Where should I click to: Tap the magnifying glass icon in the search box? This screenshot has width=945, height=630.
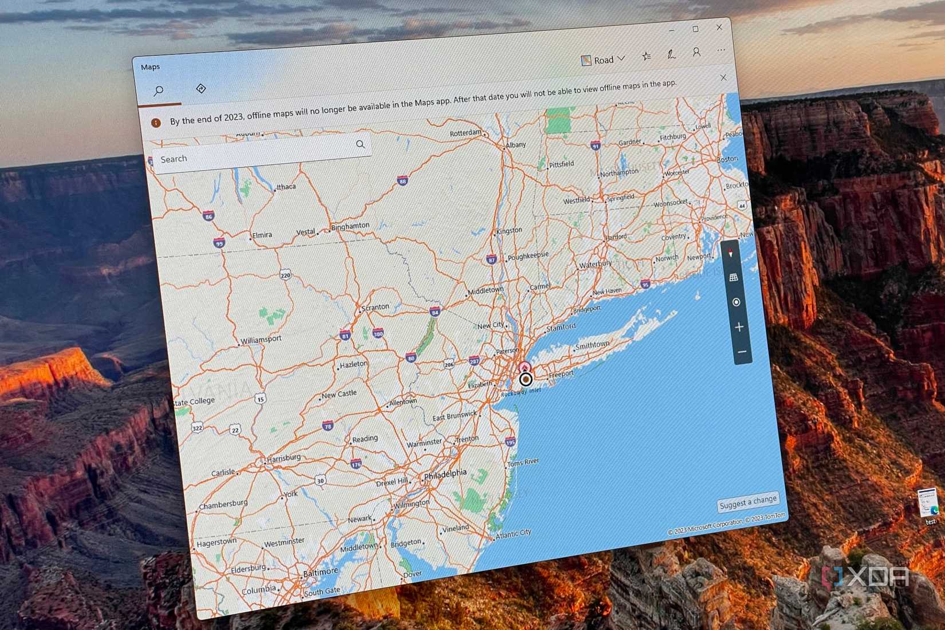360,144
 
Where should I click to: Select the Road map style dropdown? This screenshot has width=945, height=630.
603,60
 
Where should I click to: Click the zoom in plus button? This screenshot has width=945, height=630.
739,327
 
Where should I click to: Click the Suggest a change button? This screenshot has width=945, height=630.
748,502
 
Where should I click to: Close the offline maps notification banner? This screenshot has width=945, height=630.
723,77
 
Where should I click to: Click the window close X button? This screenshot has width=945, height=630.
719,27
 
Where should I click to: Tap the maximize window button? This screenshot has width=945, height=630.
695,29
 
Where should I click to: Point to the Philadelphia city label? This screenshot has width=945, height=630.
445,474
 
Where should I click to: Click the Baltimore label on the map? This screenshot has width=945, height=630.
320,572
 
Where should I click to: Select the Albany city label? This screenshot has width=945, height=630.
515,145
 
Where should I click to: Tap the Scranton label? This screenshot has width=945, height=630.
375,308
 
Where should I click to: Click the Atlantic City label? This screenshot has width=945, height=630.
513,534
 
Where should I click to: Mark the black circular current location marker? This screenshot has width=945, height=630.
526,379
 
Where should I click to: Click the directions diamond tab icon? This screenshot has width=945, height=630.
200,88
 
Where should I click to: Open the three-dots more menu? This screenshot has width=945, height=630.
721,50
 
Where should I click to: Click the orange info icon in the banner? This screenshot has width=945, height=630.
156,123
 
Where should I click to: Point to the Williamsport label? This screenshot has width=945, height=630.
261,340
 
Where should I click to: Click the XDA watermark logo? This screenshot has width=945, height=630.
865,577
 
